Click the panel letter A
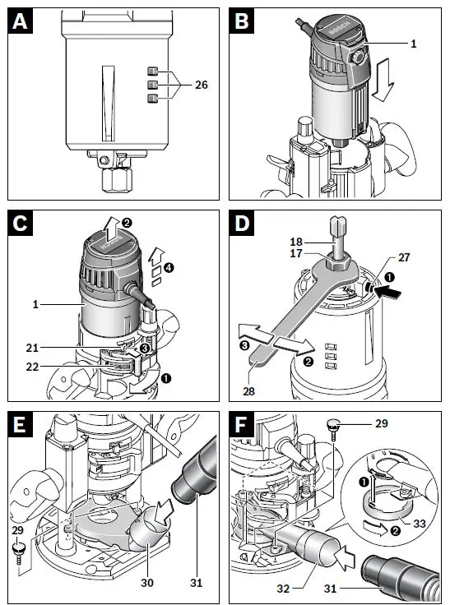pyautogui.click(x=20, y=21)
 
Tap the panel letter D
pyautogui.click(x=242, y=224)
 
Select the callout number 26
pyautogui.click(x=202, y=85)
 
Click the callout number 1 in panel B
pyautogui.click(x=414, y=44)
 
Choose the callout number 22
pyautogui.click(x=32, y=367)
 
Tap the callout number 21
pyautogui.click(x=32, y=348)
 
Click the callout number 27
pyautogui.click(x=404, y=258)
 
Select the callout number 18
pyautogui.click(x=296, y=242)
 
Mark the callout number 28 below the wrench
pyautogui.click(x=248, y=391)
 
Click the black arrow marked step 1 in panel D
pyautogui.click(x=388, y=291)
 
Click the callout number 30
pyautogui.click(x=147, y=583)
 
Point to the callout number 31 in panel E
pyautogui.click(x=197, y=583)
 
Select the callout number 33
pyautogui.click(x=420, y=524)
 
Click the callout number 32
pyautogui.click(x=283, y=589)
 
